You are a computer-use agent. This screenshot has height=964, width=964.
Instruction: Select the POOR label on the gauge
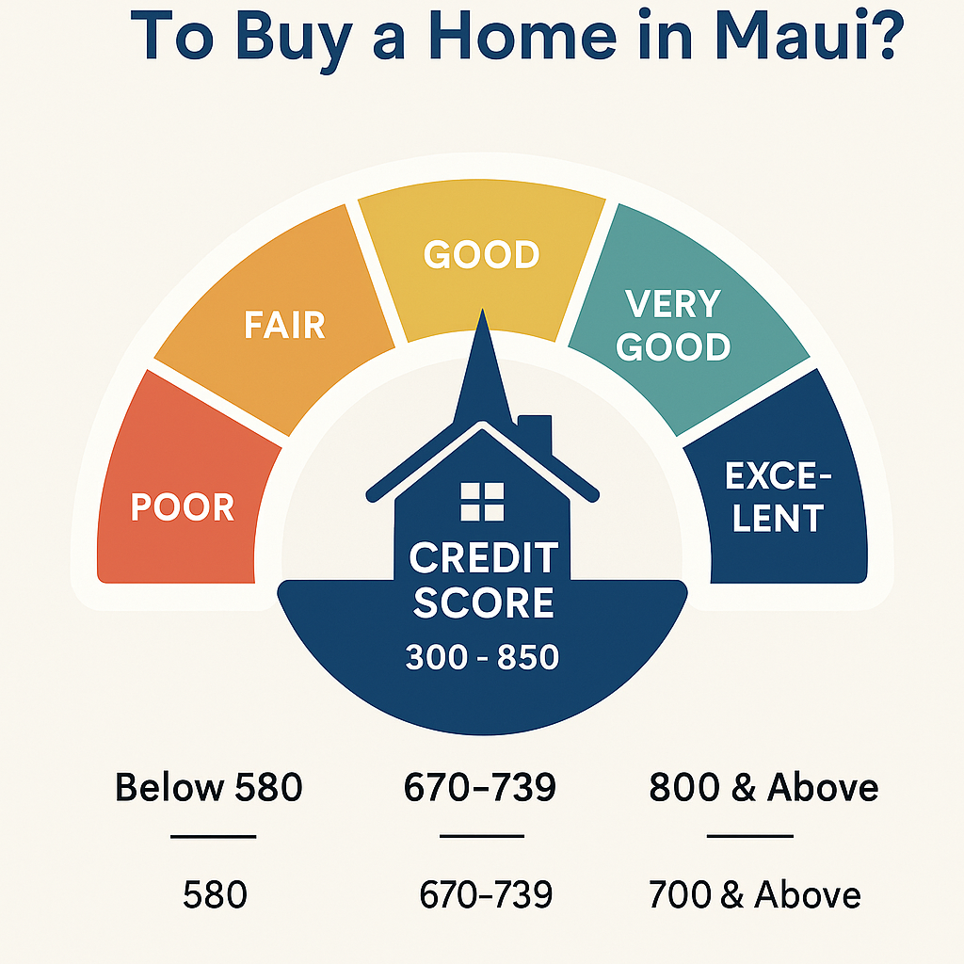[182, 507]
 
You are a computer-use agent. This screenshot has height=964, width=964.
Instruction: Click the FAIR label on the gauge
[283, 325]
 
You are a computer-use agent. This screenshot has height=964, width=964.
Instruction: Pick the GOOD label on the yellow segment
[481, 254]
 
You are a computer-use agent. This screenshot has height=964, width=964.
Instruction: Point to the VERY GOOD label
[673, 326]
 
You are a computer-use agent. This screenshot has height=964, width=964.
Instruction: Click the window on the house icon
[482, 501]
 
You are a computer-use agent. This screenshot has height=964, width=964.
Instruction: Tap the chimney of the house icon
[535, 433]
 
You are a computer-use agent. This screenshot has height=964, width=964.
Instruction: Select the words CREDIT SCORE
[483, 581]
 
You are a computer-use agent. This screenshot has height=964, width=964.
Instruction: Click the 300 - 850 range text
[482, 657]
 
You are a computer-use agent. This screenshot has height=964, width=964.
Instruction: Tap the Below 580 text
[209, 787]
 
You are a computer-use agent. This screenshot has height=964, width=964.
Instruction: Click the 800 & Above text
[763, 787]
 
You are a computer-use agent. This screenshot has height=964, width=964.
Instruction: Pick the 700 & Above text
[754, 894]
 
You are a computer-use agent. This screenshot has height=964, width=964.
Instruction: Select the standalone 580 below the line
[215, 894]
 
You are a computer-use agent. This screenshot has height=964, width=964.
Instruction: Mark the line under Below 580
[213, 836]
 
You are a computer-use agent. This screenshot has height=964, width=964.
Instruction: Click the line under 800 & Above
[749, 836]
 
